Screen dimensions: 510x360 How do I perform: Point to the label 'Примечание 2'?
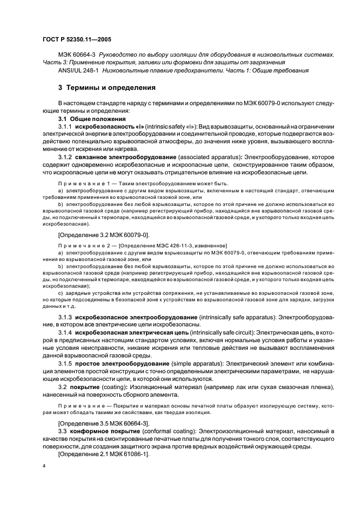(88, 246)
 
